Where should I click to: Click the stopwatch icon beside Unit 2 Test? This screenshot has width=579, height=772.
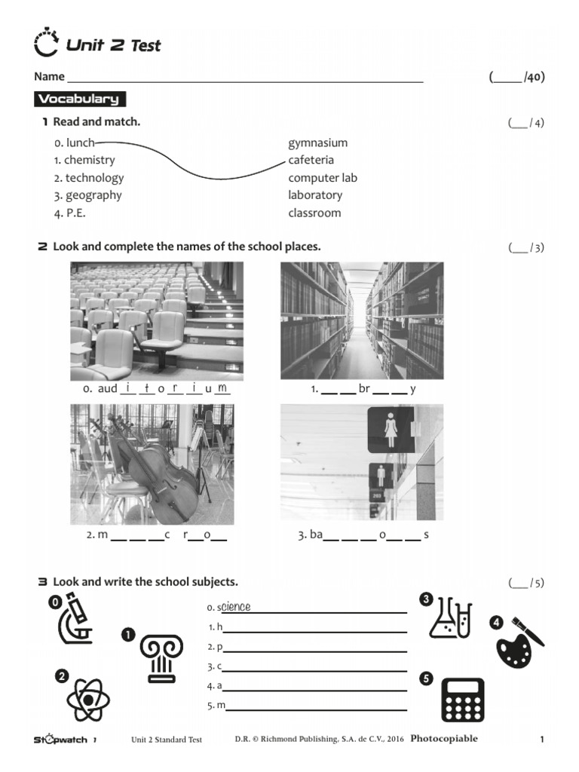(x=46, y=44)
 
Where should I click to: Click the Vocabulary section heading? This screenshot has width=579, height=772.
(x=79, y=99)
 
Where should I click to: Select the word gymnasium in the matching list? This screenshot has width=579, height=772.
(x=317, y=142)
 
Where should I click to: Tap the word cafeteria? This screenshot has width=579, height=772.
(x=311, y=160)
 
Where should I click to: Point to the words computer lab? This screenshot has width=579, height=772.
(x=323, y=178)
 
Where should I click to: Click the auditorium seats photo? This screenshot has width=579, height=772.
(x=157, y=320)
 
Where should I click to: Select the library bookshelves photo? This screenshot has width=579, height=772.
(x=362, y=320)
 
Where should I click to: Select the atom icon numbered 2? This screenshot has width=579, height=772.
(x=89, y=700)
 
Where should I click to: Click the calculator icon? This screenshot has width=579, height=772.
(x=461, y=700)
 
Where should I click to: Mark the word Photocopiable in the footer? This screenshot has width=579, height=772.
(x=444, y=739)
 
